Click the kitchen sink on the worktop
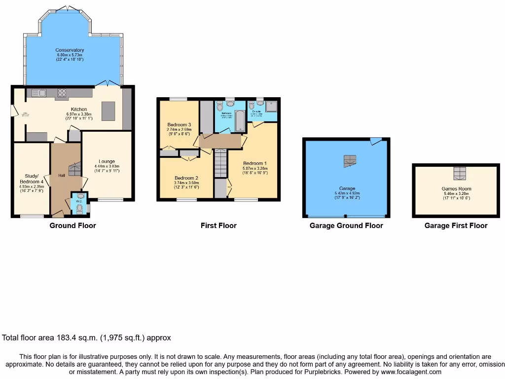[x=38, y=92]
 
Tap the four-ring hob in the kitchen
[x=63, y=92]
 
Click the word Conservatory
[x=70, y=50]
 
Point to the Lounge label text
[x=107, y=161]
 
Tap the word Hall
[x=62, y=175]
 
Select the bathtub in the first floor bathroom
[x=240, y=120]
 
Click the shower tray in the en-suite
[x=271, y=107]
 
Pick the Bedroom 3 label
[x=179, y=124]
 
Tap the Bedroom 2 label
[x=186, y=178]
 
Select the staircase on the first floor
[x=220, y=164]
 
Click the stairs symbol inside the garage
[x=350, y=160]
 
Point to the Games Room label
[x=456, y=189]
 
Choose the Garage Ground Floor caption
[x=346, y=226]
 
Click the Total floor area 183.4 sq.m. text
[x=86, y=338]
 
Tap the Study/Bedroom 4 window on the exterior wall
[x=32, y=216]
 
